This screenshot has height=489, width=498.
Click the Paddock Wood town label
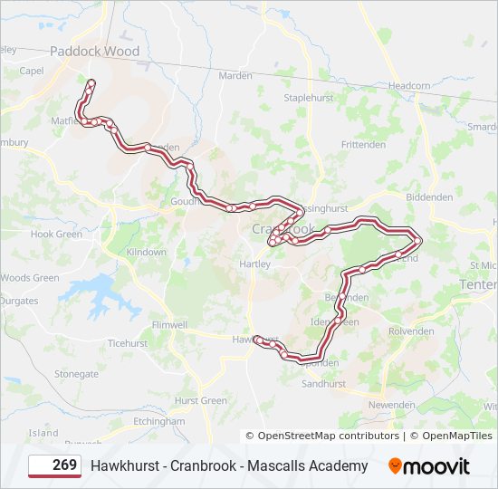click(x=94, y=52)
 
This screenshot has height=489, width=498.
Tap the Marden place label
click(x=235, y=75)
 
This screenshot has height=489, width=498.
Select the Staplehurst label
click(x=309, y=97)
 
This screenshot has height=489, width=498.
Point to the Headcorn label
click(x=409, y=86)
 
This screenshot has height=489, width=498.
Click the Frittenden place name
click(x=363, y=145)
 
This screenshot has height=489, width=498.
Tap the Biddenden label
click(x=429, y=197)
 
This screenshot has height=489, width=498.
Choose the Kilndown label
click(x=146, y=252)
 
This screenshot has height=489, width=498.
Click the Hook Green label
click(x=56, y=234)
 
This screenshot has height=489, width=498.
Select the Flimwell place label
click(x=169, y=324)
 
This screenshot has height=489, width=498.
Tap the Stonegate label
click(x=76, y=373)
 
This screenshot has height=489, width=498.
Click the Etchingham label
click(x=158, y=421)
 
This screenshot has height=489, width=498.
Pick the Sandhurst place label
click(x=323, y=384)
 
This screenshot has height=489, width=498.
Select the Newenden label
click(x=391, y=405)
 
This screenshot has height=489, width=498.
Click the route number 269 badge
click(x=53, y=466)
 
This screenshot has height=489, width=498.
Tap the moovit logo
click(x=429, y=466)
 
